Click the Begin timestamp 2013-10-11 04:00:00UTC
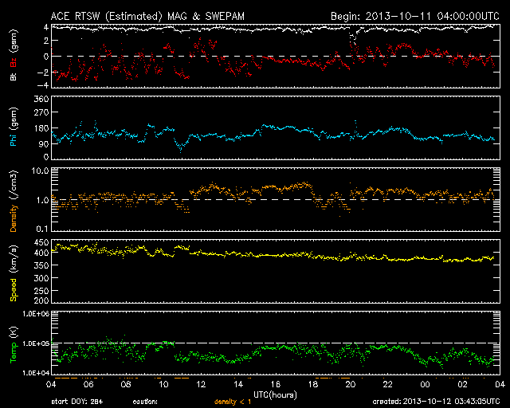[x=414, y=15]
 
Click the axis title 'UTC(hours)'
[x=274, y=394]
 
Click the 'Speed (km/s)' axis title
[x=14, y=271]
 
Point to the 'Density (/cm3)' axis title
[x=14, y=199]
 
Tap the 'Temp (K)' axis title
[x=14, y=343]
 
